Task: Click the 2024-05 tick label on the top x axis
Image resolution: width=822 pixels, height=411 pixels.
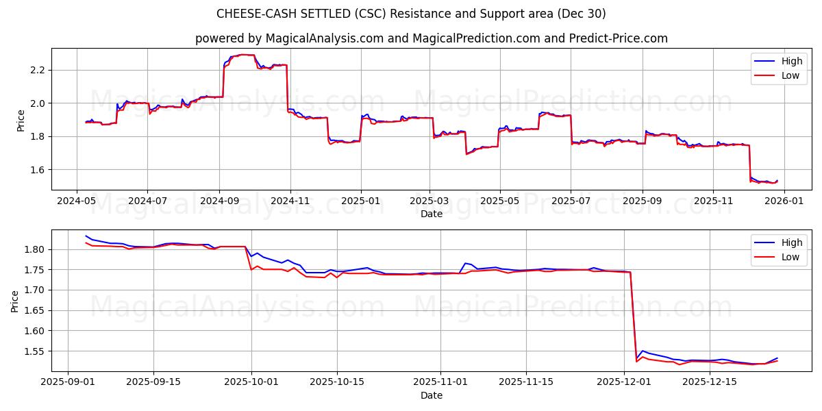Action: [76, 201]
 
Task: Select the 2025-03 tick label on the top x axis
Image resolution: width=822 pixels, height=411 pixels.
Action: [429, 201]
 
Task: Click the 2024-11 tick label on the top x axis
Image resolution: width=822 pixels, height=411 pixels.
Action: [290, 201]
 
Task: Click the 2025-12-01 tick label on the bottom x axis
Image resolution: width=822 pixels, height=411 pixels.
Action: [623, 382]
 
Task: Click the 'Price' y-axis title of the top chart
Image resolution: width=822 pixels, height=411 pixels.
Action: [21, 120]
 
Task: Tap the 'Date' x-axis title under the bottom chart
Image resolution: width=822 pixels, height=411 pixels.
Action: [431, 395]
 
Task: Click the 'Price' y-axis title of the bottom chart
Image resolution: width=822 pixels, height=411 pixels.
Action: [15, 301]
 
